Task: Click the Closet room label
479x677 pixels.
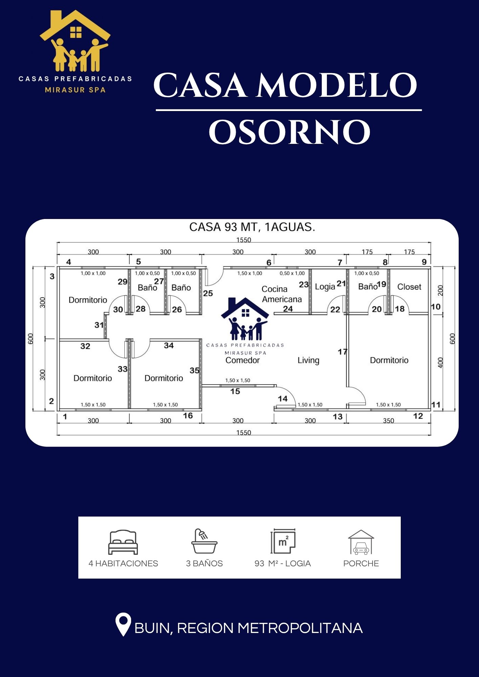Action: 409,287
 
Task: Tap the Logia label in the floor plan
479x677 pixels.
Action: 325,287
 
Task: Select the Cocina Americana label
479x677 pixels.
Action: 282,294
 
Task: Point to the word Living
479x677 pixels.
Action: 308,360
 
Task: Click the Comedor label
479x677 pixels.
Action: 243,360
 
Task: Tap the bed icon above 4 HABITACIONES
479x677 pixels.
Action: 123,542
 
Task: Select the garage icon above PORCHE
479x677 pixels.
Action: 361,542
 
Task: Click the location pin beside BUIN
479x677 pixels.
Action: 123,624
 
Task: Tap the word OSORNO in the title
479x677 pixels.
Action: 289,132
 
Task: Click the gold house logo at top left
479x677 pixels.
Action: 75,41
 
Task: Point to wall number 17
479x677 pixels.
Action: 342,352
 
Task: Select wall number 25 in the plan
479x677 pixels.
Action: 208,293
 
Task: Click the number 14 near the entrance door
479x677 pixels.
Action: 283,399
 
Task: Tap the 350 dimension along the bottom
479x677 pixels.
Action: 389,421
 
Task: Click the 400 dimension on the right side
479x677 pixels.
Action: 440,363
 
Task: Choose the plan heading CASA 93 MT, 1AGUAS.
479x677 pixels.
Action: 252,227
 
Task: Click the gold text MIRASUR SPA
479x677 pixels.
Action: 75,90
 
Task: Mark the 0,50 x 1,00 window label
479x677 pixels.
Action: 292,273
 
